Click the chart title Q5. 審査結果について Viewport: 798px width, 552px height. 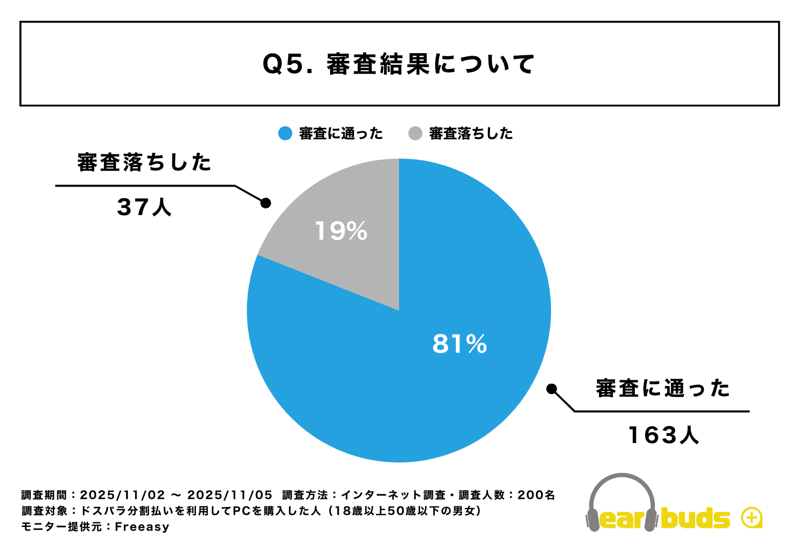point(399,64)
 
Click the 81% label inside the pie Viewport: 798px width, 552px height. point(459,344)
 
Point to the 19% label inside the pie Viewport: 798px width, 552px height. point(341,231)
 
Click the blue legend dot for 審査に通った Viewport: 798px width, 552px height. point(285,133)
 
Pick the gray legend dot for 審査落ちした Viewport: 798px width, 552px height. point(415,133)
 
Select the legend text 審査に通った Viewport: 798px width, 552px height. point(341,133)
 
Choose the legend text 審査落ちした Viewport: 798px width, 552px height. point(471,133)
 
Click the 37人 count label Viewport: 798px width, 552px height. point(145,207)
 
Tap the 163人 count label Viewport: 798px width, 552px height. point(663,435)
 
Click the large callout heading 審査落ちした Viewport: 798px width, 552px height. point(145,163)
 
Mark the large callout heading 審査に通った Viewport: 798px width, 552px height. point(663,388)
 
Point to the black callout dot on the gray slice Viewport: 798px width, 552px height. point(265,203)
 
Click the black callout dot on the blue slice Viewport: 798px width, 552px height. point(551,389)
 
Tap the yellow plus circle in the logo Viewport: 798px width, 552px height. point(751,518)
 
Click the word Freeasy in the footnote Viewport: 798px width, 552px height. point(142,527)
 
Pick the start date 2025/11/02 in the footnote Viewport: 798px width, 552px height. point(123,495)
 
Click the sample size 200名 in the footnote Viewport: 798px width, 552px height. point(536,495)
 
